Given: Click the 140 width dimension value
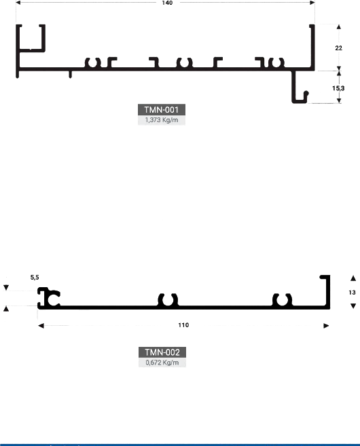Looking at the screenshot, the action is pyautogui.click(x=167, y=3).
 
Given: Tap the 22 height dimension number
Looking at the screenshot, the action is pyautogui.click(x=338, y=48).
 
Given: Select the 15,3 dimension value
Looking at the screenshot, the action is pyautogui.click(x=338, y=88).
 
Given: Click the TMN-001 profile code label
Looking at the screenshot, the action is pyautogui.click(x=162, y=109).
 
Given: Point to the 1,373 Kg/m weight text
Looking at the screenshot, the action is pyautogui.click(x=162, y=120).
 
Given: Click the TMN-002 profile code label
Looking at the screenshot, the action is pyautogui.click(x=162, y=352).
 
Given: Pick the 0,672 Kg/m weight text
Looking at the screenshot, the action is pyautogui.click(x=162, y=363).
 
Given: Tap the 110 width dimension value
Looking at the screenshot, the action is pyautogui.click(x=183, y=325).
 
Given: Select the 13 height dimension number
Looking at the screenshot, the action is pyautogui.click(x=352, y=293).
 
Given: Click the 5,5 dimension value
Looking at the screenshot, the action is pyautogui.click(x=35, y=278).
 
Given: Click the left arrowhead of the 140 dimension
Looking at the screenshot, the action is pyautogui.click(x=18, y=3).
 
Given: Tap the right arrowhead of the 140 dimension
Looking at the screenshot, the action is pyautogui.click(x=312, y=3).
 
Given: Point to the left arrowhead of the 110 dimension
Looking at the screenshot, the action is pyautogui.click(x=41, y=326).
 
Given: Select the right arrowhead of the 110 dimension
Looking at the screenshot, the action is pyautogui.click(x=326, y=326).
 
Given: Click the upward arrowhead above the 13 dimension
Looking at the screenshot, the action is pyautogui.click(x=353, y=278).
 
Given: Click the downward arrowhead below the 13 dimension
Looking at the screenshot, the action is pyautogui.click(x=353, y=306).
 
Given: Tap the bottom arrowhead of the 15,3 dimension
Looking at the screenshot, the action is pyautogui.click(x=339, y=100).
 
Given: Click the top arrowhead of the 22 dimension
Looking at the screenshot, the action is pyautogui.click(x=339, y=27).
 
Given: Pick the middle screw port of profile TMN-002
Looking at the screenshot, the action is pyautogui.click(x=168, y=300).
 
